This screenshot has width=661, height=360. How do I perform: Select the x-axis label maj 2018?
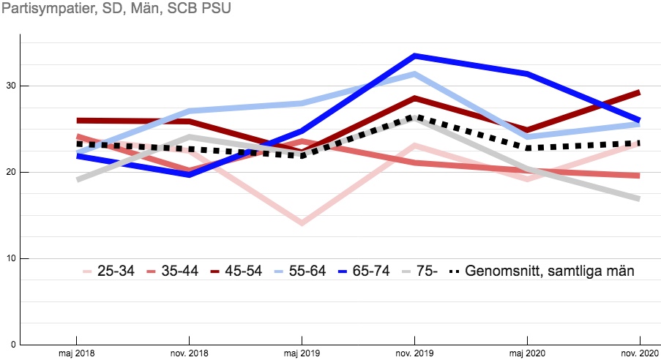(x=76, y=352)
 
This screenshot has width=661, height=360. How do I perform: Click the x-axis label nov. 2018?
(x=189, y=352)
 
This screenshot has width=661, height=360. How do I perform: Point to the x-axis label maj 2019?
(x=302, y=352)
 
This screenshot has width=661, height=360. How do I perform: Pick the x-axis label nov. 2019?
(x=414, y=352)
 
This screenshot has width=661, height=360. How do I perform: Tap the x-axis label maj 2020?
(x=527, y=352)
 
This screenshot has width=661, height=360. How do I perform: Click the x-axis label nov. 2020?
(x=640, y=352)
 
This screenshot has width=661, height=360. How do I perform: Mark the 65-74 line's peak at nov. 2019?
(x=414, y=56)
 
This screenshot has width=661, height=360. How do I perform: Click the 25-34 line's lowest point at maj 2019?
(x=302, y=222)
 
